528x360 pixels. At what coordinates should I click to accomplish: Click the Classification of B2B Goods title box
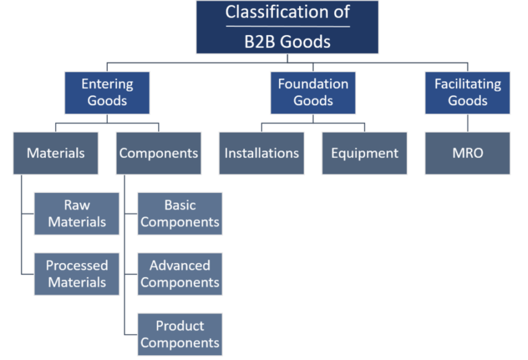[x=287, y=27]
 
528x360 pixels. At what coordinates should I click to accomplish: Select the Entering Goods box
[x=107, y=92]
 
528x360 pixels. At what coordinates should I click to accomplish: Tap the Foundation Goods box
[x=313, y=92]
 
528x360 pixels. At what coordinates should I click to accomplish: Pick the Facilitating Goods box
[x=467, y=92]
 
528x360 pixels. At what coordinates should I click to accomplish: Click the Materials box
[x=55, y=153]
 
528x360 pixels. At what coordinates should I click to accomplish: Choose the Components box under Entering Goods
[x=159, y=153]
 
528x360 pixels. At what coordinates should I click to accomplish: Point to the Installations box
[x=261, y=153]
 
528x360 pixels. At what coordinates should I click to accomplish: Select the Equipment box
[x=364, y=153]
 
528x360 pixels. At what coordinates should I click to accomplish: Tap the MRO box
[x=467, y=153]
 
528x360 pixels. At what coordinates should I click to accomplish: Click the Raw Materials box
[x=76, y=213]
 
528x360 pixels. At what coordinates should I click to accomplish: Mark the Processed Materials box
[x=76, y=273]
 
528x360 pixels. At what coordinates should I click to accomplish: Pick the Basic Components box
[x=179, y=213]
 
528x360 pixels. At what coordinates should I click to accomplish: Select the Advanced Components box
[x=179, y=273]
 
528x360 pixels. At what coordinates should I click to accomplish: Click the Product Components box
[x=179, y=334]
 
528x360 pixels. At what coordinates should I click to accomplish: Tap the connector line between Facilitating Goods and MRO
[x=467, y=122]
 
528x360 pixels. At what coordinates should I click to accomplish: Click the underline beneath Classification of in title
[x=287, y=27]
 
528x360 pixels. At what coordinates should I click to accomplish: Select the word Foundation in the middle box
[x=313, y=84]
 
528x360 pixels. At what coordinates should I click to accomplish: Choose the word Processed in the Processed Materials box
[x=76, y=265]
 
